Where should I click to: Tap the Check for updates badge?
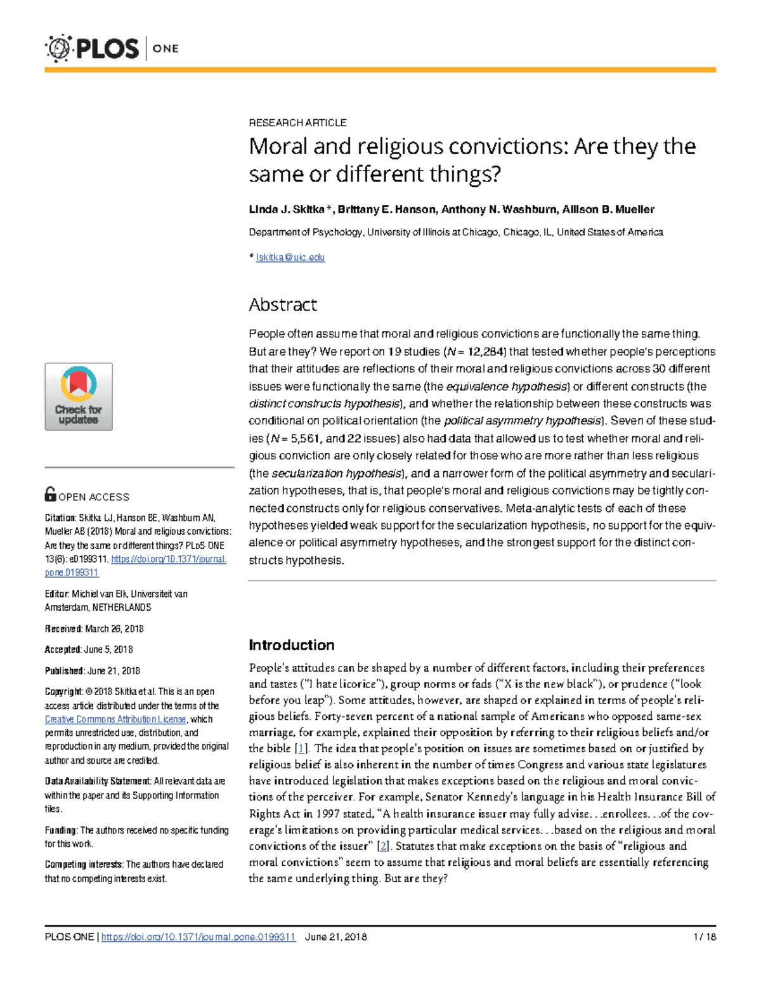tap(79, 397)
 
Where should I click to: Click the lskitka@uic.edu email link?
tap(290, 258)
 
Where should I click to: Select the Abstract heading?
tap(282, 305)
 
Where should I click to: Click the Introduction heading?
tap(291, 645)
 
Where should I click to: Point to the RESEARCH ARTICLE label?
tap(297, 122)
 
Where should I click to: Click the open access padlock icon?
tap(50, 494)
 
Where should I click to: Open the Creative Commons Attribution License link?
tap(115, 719)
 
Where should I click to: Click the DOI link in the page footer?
tap(198, 937)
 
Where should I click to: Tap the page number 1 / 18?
tap(705, 937)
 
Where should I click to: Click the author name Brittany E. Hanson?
tap(386, 209)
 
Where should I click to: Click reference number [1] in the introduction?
tap(302, 748)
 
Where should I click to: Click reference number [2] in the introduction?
tap(382, 846)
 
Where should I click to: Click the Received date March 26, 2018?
tap(114, 629)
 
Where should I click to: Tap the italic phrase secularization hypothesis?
tap(336, 473)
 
